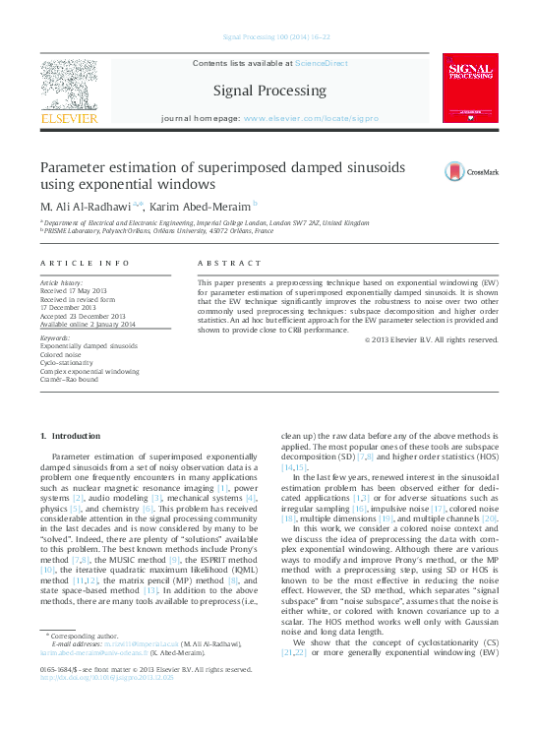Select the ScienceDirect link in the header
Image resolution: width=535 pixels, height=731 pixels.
point(322,62)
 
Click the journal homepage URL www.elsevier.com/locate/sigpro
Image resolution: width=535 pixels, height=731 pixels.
point(311,118)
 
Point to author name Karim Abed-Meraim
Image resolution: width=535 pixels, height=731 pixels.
point(204,206)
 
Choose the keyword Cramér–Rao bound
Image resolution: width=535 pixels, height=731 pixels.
point(69,379)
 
